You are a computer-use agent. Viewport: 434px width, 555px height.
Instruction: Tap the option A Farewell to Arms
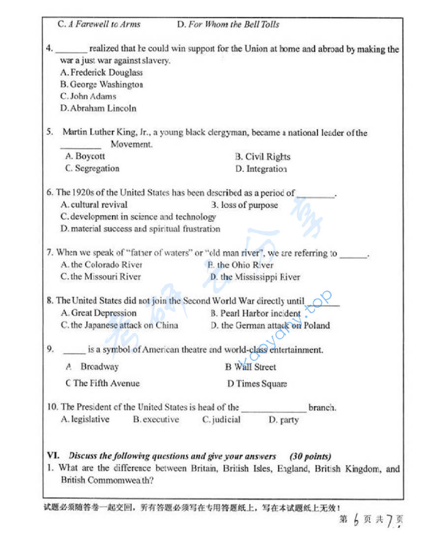click(104, 24)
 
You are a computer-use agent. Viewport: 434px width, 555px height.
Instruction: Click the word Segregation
click(97, 169)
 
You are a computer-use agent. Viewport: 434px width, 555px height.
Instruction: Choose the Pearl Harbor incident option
click(260, 314)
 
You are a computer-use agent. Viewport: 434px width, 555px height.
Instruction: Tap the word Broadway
click(99, 367)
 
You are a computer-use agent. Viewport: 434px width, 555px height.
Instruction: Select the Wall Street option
click(255, 367)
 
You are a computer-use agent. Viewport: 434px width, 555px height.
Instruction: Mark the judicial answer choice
click(226, 420)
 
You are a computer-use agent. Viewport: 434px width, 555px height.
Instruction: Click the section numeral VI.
click(53, 456)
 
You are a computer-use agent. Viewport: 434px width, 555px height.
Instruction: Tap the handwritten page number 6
click(356, 520)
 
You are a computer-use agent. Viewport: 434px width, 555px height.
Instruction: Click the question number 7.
click(50, 253)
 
